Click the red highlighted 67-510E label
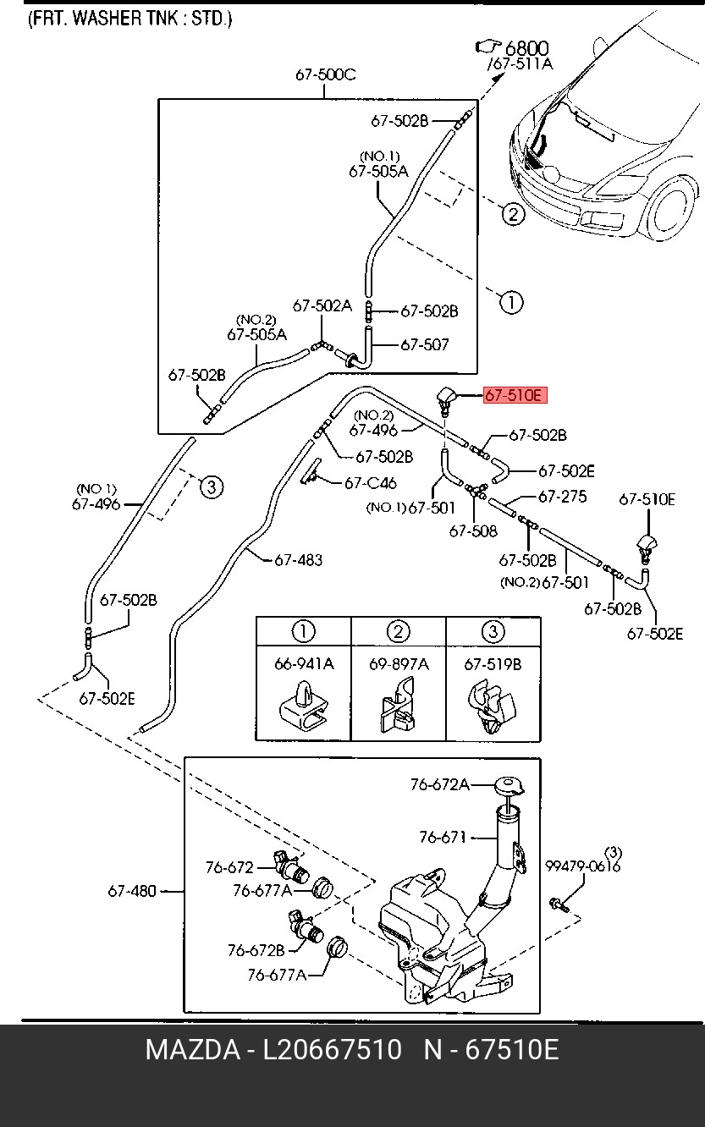pos(515,395)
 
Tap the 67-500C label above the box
pos(325,74)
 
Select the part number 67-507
pos(424,345)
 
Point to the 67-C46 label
pos(370,483)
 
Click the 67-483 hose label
pos(298,560)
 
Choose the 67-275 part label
pos(562,497)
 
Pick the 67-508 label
pos(473,531)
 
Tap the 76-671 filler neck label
pos(443,838)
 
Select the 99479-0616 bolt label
pos(582,866)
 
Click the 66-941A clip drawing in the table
pos(303,707)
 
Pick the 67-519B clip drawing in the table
pos(492,707)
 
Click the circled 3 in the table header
pos(493,631)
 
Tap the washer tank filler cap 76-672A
pos(509,786)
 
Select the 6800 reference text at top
pos(527,49)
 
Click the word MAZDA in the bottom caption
pos(192,1050)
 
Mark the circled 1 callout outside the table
pos(511,301)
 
